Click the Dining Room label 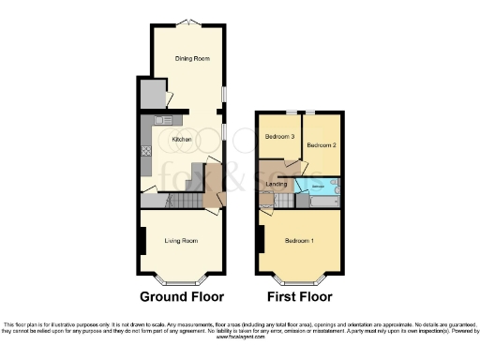tap(190, 58)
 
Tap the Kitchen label tap(182, 140)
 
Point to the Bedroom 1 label tap(299, 241)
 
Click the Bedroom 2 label tap(321, 144)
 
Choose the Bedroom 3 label tap(279, 137)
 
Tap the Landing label tap(277, 184)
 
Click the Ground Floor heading tap(182, 297)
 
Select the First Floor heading tap(299, 297)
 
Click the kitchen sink tap(162, 120)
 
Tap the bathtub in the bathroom tap(321, 187)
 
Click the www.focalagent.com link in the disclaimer tap(240, 336)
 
